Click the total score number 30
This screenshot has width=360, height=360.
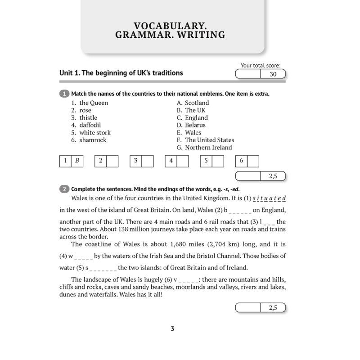273,74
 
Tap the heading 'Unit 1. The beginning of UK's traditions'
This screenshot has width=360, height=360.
121,73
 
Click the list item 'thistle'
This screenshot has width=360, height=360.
88,118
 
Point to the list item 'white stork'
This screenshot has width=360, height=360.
95,133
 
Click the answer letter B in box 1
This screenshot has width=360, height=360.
77,161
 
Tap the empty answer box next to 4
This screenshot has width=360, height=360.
183,161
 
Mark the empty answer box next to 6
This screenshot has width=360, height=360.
253,161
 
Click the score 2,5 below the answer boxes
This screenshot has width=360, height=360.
273,176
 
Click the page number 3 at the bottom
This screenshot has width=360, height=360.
172,329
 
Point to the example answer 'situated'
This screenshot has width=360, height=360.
269,198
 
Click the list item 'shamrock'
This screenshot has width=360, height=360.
93,140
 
